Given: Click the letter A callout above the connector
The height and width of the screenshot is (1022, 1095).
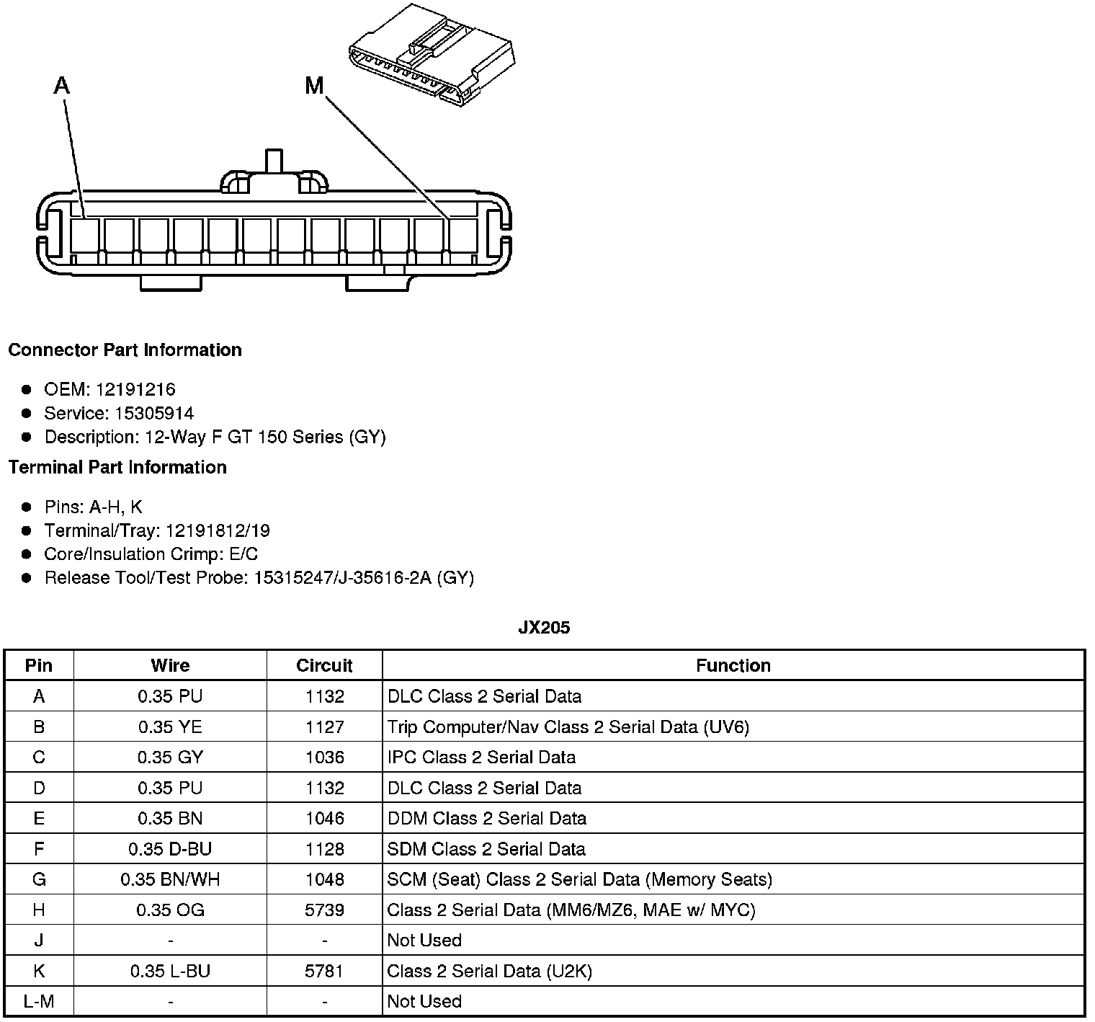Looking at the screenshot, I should [x=62, y=86].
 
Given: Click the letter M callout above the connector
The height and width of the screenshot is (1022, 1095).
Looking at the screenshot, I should [x=314, y=86].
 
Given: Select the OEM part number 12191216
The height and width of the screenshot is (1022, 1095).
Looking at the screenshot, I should [x=135, y=389].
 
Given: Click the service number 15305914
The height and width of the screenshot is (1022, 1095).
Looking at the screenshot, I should [x=154, y=413].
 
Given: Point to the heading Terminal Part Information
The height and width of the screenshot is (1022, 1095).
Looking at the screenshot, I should [x=117, y=467].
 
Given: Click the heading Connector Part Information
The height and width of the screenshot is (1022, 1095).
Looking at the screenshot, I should [x=125, y=350].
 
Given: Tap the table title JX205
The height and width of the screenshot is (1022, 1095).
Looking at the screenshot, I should [x=544, y=627].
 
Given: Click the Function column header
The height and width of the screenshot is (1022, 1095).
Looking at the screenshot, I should [x=733, y=665].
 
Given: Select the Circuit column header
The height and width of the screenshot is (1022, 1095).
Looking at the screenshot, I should [x=324, y=665].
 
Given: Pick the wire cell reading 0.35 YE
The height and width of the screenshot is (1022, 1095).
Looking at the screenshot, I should [x=170, y=726].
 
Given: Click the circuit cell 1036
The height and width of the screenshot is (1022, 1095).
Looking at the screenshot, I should [x=324, y=757].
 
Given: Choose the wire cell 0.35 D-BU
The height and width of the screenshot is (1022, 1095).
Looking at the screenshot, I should [x=170, y=848].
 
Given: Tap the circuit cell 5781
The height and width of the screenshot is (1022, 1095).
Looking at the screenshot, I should [x=324, y=971].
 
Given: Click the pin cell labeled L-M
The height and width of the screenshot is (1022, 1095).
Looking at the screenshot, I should [x=39, y=1001].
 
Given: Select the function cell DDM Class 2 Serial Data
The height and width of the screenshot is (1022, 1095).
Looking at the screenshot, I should [x=487, y=818].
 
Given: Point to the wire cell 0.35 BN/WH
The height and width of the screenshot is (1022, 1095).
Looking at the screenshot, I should [x=170, y=879].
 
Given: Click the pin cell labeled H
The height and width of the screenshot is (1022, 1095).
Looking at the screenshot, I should [x=39, y=910].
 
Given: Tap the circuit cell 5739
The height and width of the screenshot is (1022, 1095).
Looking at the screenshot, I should [x=324, y=910].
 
